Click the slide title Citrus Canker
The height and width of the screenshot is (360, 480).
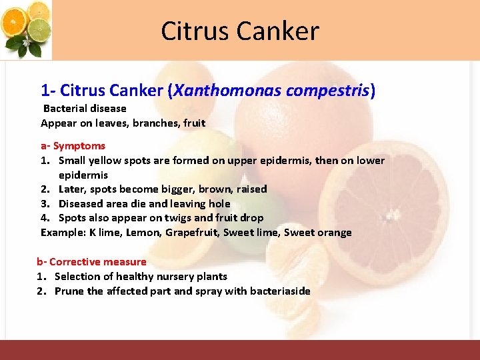pos(240,31)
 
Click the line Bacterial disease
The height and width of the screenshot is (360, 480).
pos(85,108)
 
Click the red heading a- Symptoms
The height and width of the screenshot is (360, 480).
pos(73,145)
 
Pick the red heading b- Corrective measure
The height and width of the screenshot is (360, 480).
pos(91,262)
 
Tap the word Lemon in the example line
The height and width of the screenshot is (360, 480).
pos(144,233)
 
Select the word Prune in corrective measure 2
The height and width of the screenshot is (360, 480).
pos(69,291)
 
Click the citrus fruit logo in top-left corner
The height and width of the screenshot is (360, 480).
pos(27,29)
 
